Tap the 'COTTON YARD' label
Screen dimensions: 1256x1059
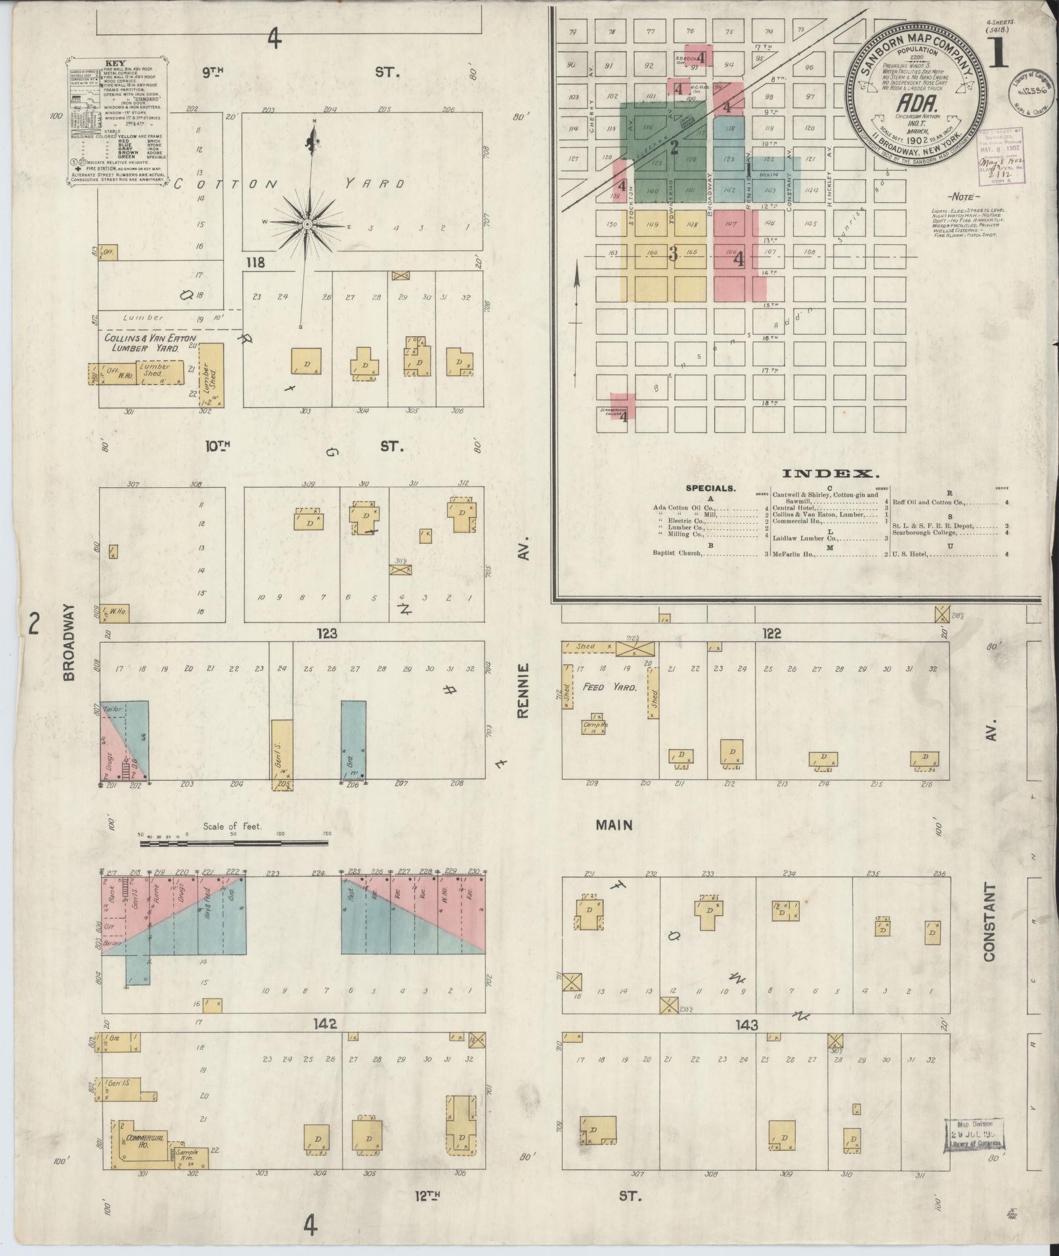pyautogui.click(x=289, y=184)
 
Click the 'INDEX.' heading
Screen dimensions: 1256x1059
pyautogui.click(x=830, y=473)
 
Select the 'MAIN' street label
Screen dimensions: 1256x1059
pyautogui.click(x=614, y=825)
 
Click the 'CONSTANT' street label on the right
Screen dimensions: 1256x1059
pyautogui.click(x=989, y=922)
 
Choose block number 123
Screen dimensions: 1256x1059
pyautogui.click(x=326, y=634)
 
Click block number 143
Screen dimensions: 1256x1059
pyautogui.click(x=746, y=1026)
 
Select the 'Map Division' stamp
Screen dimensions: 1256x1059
pyautogui.click(x=975, y=1135)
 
